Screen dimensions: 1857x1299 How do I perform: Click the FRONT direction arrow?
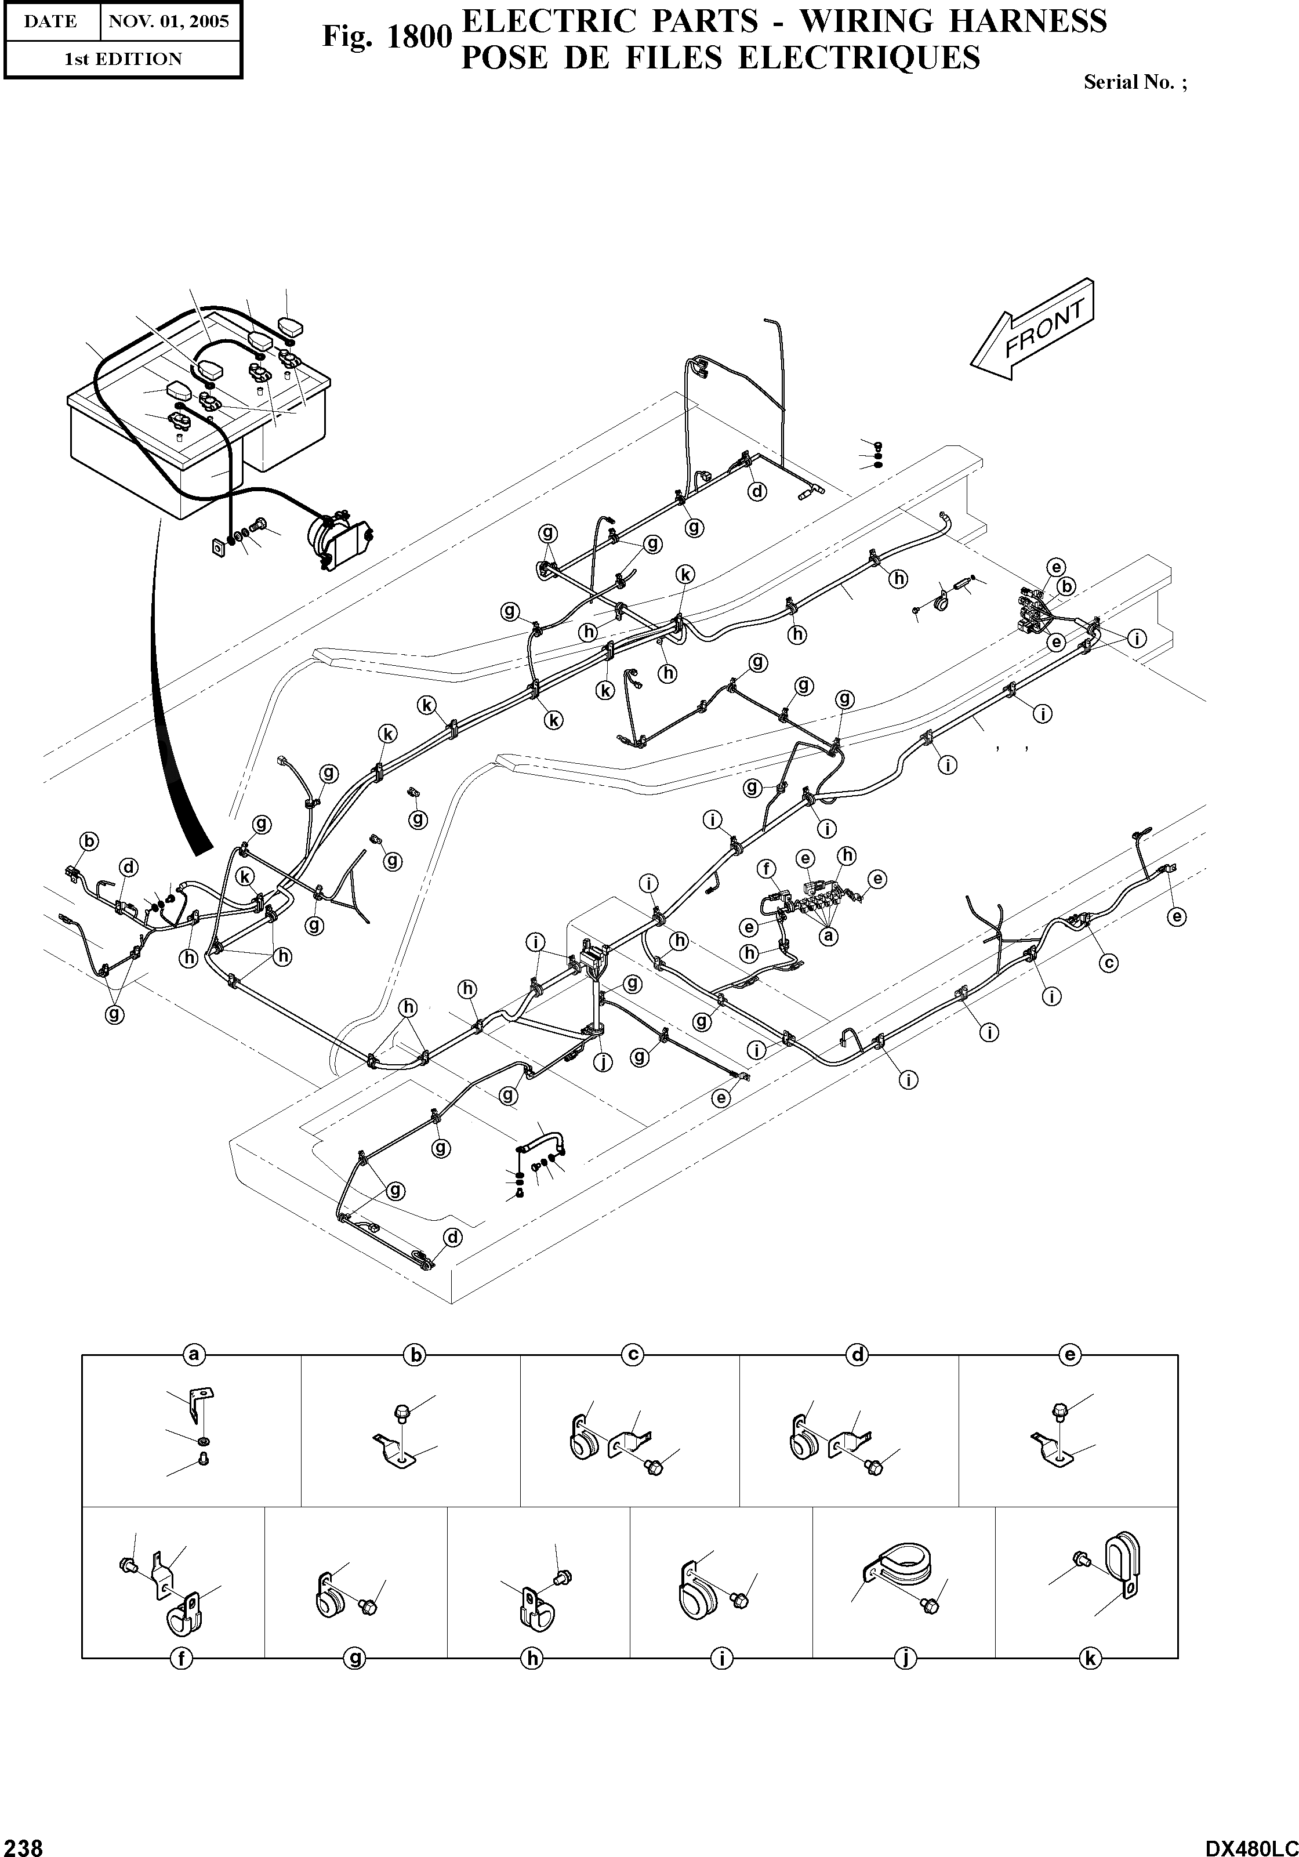tap(1033, 330)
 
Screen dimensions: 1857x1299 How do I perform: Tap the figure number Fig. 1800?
tap(386, 37)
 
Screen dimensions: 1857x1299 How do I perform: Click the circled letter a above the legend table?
tap(193, 1354)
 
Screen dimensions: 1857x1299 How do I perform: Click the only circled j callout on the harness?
tap(603, 1062)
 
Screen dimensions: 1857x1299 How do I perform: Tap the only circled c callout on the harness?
tap(1108, 963)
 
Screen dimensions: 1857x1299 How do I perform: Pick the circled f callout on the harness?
tap(766, 869)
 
